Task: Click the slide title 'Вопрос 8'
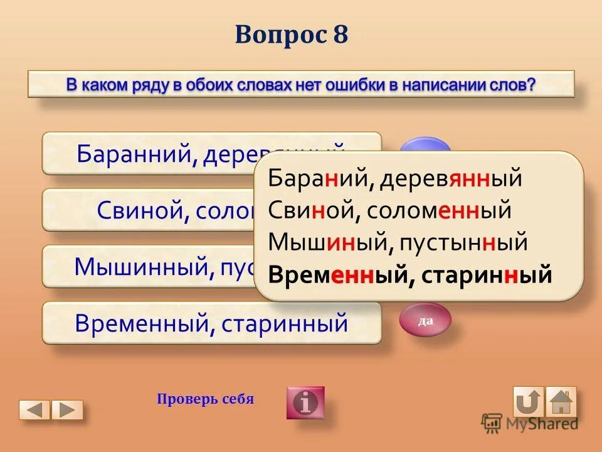coord(292,35)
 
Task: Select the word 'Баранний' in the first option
coord(135,153)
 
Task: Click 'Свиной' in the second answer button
coord(137,210)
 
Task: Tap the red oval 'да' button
coord(425,321)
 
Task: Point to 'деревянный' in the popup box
coord(449,179)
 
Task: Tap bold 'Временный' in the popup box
coord(334,275)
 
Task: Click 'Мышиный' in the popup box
coord(325,242)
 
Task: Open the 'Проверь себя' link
coord(206,399)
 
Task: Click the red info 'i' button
coord(305,402)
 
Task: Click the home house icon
coord(561,402)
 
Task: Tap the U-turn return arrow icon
coord(528,402)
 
